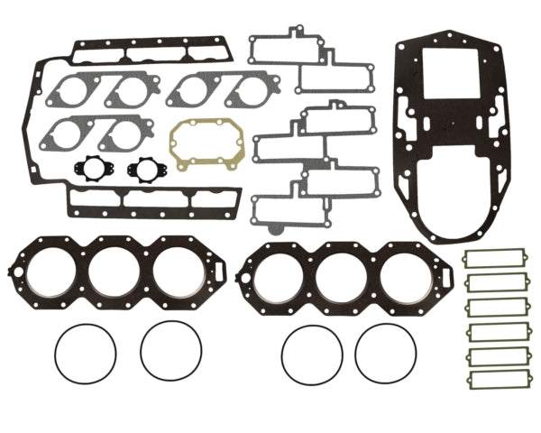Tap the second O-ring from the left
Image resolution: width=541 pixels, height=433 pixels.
pos(170,351)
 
